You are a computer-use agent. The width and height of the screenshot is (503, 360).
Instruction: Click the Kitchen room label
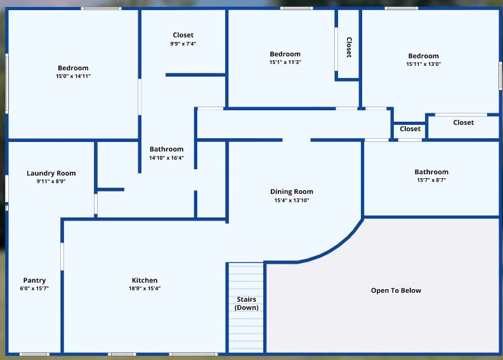[x=145, y=280]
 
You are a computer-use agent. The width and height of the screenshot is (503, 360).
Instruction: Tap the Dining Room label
[x=292, y=191]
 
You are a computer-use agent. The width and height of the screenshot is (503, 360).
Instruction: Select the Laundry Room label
[x=51, y=174]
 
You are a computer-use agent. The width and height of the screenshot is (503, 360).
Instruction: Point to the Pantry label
[x=34, y=281]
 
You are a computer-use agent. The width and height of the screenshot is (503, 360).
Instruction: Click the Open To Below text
[x=396, y=290]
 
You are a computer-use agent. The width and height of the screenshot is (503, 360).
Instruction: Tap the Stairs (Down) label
[x=246, y=303]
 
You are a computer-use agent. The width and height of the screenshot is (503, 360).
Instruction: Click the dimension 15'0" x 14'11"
[x=73, y=76]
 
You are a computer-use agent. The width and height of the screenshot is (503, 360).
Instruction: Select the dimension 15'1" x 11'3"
[x=285, y=62]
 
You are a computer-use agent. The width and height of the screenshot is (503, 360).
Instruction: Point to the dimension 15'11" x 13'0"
[x=424, y=64]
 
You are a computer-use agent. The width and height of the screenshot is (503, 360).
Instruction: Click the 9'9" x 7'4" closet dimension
[x=183, y=44]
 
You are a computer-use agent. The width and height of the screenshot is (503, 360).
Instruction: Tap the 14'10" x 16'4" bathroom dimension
[x=166, y=158]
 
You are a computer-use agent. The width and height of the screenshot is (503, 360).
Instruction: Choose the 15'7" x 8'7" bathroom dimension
[x=431, y=180]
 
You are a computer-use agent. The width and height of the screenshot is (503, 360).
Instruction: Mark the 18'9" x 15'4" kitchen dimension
[x=145, y=288]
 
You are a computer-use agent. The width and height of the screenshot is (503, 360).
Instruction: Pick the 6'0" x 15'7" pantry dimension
[x=34, y=288]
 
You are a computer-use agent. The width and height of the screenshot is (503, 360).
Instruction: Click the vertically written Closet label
[x=349, y=48]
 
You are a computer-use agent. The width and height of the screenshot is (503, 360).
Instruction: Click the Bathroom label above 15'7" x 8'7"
[x=431, y=172]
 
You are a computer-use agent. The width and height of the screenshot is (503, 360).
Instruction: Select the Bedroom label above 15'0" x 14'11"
[x=73, y=68]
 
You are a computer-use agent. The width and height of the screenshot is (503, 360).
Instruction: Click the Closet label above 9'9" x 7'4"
[x=183, y=35]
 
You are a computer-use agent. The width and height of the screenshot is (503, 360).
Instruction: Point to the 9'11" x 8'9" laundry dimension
[x=51, y=181]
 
